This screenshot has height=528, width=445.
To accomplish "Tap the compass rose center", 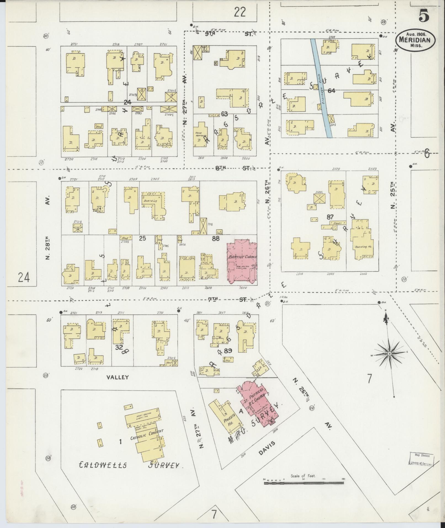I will (x=389, y=354).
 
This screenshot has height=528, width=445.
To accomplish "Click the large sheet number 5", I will (x=424, y=15).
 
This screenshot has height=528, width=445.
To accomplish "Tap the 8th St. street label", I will (x=235, y=168).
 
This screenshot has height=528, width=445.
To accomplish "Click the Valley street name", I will (x=118, y=377).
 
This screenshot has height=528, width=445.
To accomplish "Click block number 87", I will (x=330, y=217).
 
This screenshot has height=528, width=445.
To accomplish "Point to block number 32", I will (x=119, y=347).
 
